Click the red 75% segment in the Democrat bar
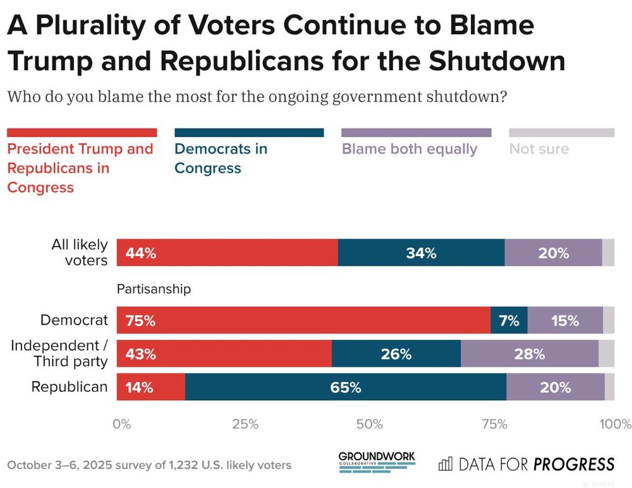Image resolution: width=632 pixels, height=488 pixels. (303, 320)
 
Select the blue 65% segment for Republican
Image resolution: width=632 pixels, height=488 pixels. (346, 387)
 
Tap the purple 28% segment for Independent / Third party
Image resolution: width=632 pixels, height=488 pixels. (530, 354)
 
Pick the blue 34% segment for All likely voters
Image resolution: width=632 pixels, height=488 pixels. (421, 253)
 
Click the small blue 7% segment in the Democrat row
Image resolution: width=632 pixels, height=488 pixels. (509, 320)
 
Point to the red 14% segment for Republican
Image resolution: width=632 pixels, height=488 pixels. (151, 387)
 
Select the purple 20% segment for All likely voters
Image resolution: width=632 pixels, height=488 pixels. (553, 253)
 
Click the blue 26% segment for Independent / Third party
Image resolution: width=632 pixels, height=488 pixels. (396, 354)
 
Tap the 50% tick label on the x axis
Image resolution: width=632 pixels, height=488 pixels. (370, 424)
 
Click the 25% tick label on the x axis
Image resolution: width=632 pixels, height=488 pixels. (245, 424)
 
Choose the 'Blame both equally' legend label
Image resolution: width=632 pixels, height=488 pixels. (410, 149)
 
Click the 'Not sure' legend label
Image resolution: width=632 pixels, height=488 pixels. (539, 149)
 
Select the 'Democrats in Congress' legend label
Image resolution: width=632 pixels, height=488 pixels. (221, 158)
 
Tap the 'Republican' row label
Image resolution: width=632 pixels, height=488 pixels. (70, 387)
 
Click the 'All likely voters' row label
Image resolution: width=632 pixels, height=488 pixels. (79, 252)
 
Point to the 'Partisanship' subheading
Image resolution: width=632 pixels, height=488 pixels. (154, 289)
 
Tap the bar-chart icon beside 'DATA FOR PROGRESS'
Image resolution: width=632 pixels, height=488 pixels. (446, 464)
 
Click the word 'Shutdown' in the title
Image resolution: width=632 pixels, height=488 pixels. (497, 61)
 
